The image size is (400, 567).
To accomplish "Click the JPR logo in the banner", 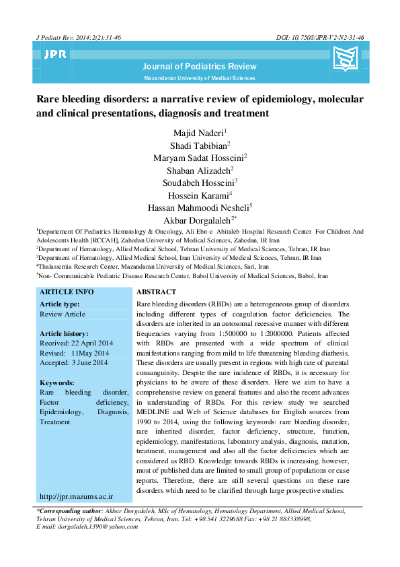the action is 55,55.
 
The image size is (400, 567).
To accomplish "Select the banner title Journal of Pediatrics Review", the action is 200,66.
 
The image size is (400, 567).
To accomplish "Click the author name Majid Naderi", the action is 200,132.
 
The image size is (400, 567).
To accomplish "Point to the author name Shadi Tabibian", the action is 200,144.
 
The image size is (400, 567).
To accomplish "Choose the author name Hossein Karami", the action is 200,195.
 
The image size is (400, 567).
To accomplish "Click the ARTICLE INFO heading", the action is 67,292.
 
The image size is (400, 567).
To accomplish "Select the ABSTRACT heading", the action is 156,292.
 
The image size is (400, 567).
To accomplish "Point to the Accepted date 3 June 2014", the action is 74,363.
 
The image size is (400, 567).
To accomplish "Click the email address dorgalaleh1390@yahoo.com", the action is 94,527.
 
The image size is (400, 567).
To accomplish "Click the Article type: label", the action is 60,304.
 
